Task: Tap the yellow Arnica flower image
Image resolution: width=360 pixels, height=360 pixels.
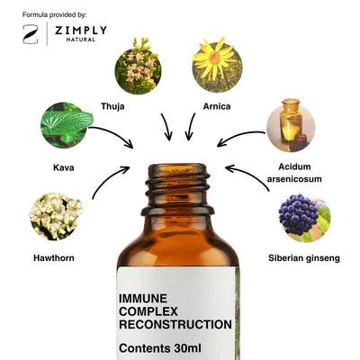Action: [x=217, y=65]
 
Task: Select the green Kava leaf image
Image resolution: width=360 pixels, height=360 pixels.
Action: [x=67, y=125]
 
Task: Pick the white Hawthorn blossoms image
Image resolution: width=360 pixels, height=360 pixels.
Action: [x=56, y=216]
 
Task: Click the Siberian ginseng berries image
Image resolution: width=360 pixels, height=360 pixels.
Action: [x=304, y=218]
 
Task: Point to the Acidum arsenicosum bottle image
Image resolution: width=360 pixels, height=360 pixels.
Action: [x=291, y=125]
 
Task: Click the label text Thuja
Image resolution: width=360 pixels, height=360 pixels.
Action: [x=112, y=106]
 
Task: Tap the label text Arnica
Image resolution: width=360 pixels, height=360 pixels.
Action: [x=217, y=106]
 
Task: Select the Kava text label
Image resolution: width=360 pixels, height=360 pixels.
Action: [x=64, y=167]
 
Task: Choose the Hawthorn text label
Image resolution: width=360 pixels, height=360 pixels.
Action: [x=54, y=258]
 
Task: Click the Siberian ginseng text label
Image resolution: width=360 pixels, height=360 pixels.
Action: [x=304, y=258]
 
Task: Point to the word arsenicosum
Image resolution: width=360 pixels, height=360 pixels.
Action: [x=294, y=179]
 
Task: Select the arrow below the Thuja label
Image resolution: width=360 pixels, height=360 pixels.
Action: [x=166, y=127]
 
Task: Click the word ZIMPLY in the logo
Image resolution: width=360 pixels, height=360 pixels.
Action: [x=81, y=31]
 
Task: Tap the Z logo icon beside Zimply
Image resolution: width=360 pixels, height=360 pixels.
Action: [x=31, y=34]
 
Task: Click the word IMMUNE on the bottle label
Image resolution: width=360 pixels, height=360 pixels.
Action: [x=143, y=299]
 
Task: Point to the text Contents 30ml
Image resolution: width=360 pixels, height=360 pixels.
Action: [x=160, y=348]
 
